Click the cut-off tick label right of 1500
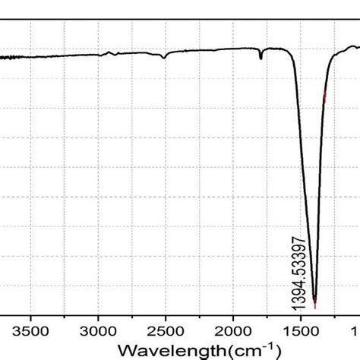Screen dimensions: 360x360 click(355, 332)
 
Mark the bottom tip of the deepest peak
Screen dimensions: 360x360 click(314, 306)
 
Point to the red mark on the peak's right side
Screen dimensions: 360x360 click(325, 96)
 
